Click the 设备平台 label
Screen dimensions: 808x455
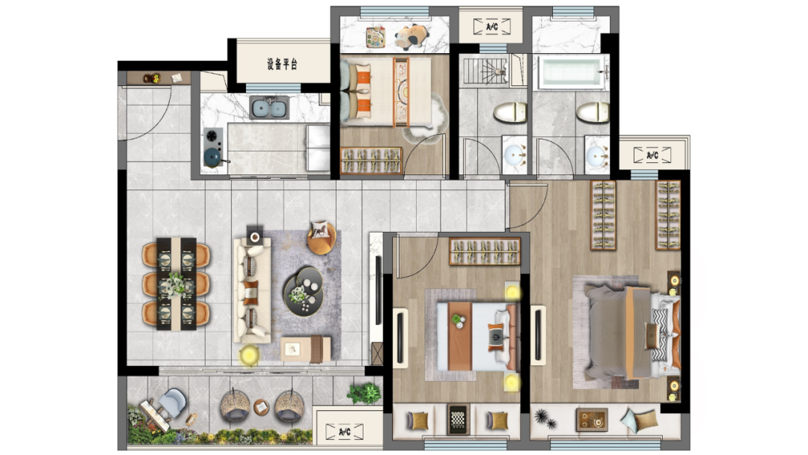[282, 64]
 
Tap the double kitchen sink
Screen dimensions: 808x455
[269, 108]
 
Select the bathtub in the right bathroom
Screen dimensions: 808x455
[571, 72]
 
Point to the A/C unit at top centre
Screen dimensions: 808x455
[492, 26]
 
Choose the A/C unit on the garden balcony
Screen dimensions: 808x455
[345, 431]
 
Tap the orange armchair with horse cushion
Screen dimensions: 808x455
[322, 236]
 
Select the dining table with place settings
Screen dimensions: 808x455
[177, 284]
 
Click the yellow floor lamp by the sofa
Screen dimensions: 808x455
[249, 355]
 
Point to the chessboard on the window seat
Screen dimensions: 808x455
[458, 419]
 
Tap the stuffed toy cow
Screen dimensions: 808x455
[412, 37]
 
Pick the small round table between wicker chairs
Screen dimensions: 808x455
[261, 407]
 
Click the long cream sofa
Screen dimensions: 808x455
[252, 290]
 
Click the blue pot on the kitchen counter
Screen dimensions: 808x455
[213, 157]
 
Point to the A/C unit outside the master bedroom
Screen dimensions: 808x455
[652, 155]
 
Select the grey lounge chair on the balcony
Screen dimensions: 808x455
[172, 403]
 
